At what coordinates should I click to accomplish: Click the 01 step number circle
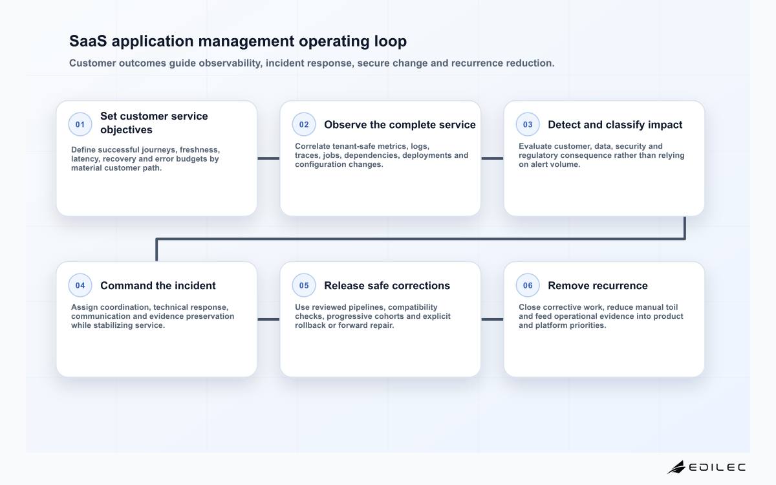click(x=80, y=124)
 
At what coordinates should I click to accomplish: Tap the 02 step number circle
click(x=304, y=124)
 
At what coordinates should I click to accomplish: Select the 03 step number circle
click(x=528, y=124)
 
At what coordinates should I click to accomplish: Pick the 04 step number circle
click(x=80, y=285)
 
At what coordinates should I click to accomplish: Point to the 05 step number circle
click(x=304, y=285)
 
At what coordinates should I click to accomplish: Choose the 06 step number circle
click(x=528, y=285)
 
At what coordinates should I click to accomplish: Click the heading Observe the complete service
click(x=400, y=125)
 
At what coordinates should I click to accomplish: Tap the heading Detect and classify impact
click(x=615, y=125)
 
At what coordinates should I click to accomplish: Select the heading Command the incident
click(x=158, y=285)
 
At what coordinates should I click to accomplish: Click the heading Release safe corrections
click(x=387, y=285)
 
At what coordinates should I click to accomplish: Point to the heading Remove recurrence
click(x=598, y=285)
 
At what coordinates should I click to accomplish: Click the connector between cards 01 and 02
click(x=268, y=158)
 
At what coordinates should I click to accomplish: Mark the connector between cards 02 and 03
click(x=492, y=158)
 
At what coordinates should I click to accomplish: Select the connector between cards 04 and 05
click(x=268, y=319)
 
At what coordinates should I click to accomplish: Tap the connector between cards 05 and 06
click(x=492, y=319)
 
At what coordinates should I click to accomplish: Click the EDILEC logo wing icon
click(x=676, y=467)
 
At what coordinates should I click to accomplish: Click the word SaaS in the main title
click(x=88, y=41)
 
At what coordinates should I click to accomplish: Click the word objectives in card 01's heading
click(x=127, y=130)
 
